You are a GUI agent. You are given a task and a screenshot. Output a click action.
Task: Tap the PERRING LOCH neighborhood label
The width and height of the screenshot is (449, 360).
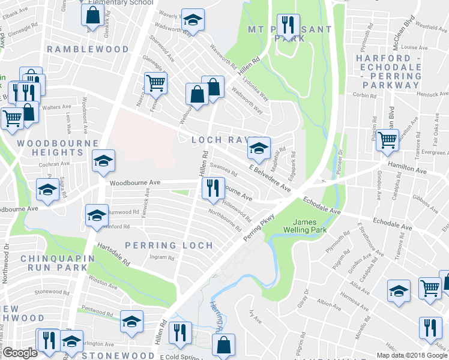(169, 245)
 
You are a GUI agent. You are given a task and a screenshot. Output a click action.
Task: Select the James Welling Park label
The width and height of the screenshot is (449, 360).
(309, 226)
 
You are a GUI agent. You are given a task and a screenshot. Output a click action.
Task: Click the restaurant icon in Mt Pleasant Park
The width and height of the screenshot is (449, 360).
(288, 25)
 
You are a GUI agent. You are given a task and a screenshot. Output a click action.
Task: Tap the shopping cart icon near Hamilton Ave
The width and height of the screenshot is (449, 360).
(387, 140)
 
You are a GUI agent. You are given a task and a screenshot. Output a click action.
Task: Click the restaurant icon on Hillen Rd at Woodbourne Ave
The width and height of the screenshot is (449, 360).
(212, 188)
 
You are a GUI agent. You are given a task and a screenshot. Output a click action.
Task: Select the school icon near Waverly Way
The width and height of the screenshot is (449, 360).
(193, 20)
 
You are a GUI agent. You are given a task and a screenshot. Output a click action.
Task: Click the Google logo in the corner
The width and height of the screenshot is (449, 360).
(20, 352)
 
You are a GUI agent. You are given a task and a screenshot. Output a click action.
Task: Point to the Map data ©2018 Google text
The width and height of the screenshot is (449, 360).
(412, 355)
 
